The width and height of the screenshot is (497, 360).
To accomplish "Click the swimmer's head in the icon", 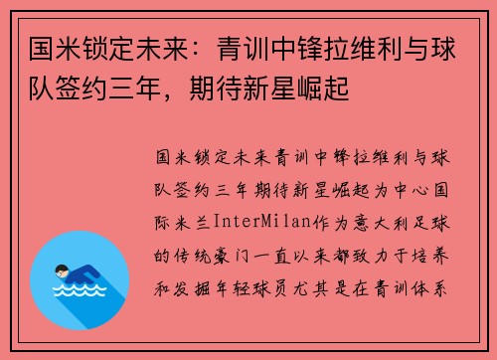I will (x=63, y=243).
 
